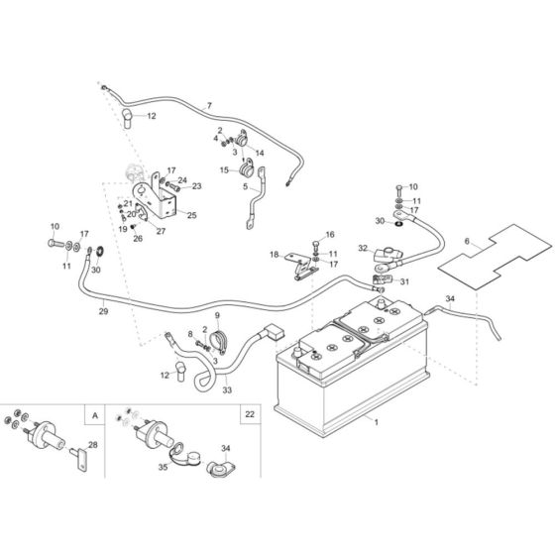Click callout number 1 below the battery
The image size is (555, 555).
point(376,422)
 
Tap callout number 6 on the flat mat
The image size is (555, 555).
point(467,241)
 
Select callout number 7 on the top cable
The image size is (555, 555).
point(209,105)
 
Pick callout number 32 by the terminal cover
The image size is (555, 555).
point(364,249)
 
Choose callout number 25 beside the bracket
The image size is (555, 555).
point(191,214)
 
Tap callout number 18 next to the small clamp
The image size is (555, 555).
point(275,256)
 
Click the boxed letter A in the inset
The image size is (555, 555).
point(94,415)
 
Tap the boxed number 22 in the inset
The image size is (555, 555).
point(249,415)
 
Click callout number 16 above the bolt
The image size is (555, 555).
point(331,234)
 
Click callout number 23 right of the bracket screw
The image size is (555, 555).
point(196,185)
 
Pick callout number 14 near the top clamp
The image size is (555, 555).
point(260,153)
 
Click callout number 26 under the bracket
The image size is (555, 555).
point(138,237)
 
